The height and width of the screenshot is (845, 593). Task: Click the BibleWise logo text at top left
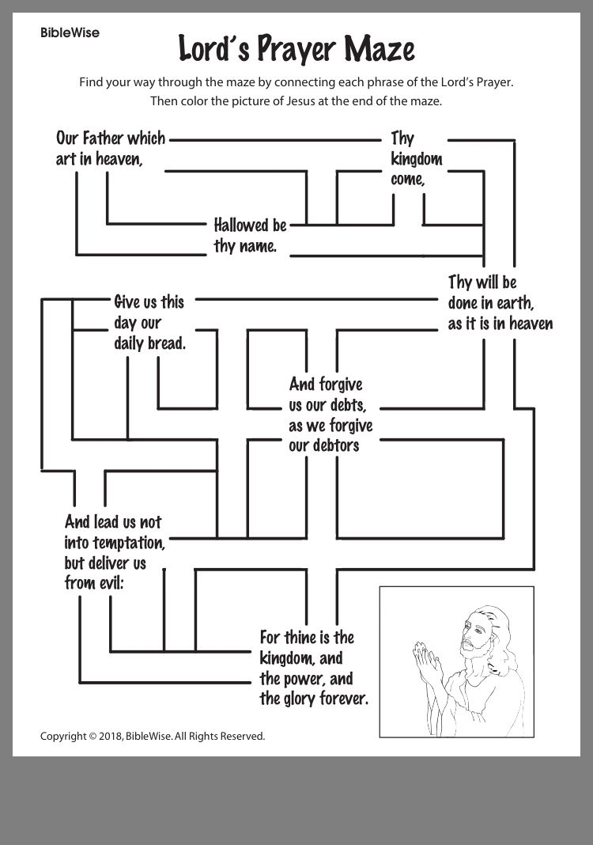click(x=70, y=33)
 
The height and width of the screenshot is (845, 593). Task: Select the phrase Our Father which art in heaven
click(x=110, y=148)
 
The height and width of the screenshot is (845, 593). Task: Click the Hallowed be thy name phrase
click(x=249, y=236)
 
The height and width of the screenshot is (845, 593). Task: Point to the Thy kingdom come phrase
click(x=415, y=159)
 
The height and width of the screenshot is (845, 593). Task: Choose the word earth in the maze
click(x=514, y=303)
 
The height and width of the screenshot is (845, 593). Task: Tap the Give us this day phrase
click(x=149, y=302)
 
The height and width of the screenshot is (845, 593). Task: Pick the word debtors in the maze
click(x=336, y=446)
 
